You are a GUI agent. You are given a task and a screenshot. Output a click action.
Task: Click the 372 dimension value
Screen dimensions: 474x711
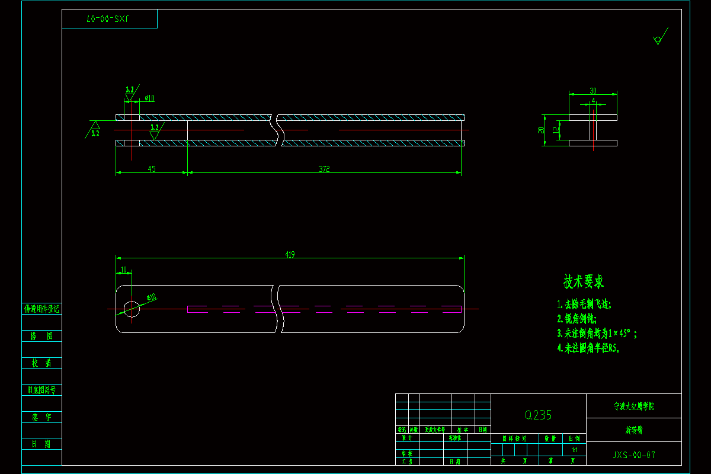coord(324,169)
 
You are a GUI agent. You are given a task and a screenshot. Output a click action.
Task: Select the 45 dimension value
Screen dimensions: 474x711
coord(152,169)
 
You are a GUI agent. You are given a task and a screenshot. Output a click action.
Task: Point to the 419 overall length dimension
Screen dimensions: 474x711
coord(290,255)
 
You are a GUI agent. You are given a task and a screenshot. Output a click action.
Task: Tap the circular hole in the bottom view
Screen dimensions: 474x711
coord(132,308)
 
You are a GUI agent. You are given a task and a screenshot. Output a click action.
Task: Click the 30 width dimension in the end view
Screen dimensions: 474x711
coord(593,91)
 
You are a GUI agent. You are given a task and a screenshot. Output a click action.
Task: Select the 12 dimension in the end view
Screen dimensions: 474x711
coord(555,129)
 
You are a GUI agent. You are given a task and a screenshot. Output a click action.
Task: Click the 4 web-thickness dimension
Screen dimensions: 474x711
coord(593,101)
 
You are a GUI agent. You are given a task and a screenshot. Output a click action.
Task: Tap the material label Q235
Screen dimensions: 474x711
coord(538,415)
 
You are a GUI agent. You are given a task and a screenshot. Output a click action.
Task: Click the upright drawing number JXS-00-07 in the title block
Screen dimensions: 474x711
coord(634,456)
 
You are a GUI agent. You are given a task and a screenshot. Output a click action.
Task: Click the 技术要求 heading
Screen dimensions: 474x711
coord(584,282)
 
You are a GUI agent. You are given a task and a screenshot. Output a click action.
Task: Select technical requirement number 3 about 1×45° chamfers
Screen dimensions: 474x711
coord(597,334)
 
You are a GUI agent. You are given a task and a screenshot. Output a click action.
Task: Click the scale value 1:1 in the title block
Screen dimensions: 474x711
coord(574,450)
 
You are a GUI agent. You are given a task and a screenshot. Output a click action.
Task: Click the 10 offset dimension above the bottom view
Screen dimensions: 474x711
coord(123,270)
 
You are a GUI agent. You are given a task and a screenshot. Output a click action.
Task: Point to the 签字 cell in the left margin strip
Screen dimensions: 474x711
coord(41,417)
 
